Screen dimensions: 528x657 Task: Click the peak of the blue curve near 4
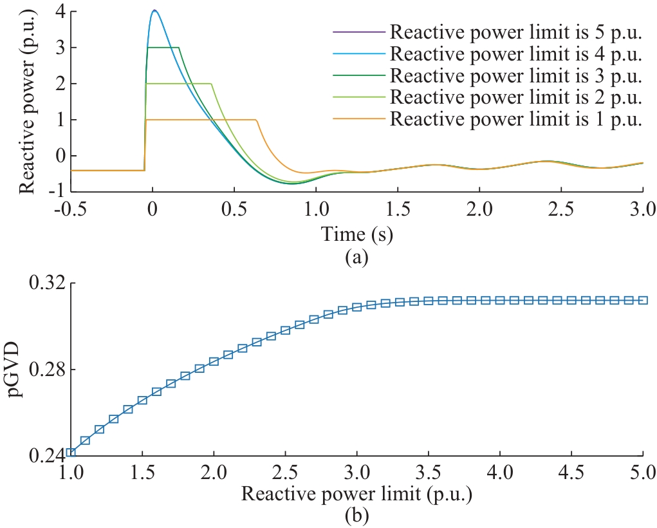coord(154,10)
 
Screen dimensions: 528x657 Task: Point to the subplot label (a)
coord(356,258)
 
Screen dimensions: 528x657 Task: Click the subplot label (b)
coord(356,516)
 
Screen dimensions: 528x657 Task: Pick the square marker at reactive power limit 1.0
coord(71,453)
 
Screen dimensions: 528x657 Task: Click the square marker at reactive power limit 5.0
coord(643,300)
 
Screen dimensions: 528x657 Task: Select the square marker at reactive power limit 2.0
coord(214,361)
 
